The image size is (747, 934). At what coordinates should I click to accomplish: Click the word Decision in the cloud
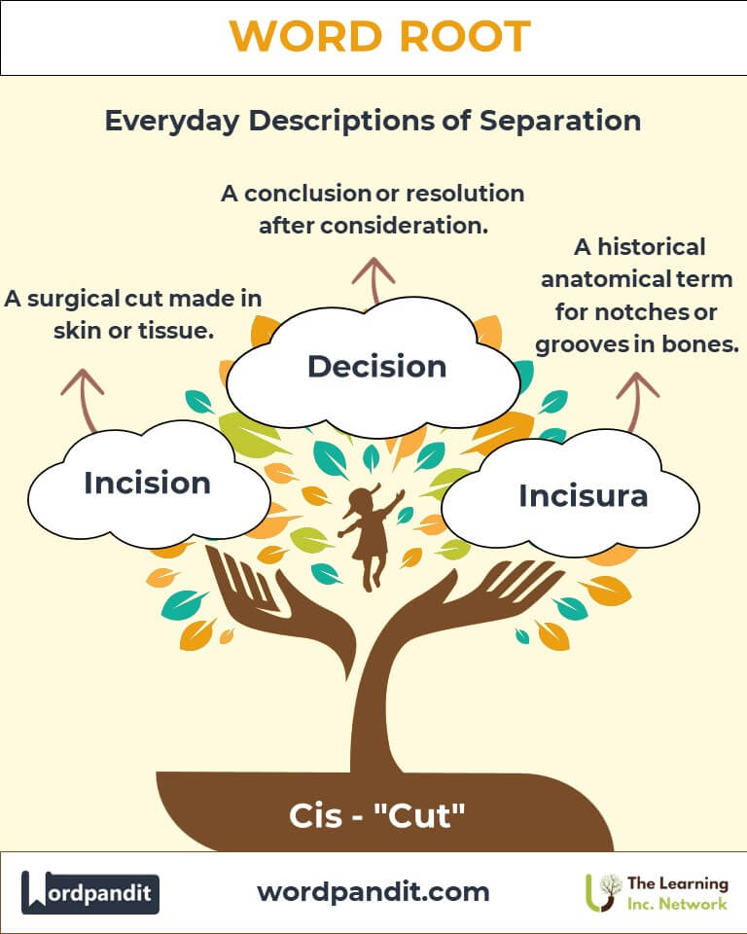(x=376, y=366)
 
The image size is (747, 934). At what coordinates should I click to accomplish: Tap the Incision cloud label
(x=147, y=483)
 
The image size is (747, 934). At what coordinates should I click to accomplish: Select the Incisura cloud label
(x=584, y=495)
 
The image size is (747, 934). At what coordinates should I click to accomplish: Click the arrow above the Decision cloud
(x=373, y=280)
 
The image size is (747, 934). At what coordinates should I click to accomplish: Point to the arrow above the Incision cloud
(x=84, y=400)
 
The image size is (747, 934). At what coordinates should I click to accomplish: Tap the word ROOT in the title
(x=465, y=36)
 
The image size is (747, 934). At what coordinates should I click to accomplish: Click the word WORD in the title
(x=305, y=36)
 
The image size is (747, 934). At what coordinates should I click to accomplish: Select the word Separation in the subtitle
(x=560, y=121)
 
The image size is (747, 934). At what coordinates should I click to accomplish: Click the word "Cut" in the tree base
(x=419, y=815)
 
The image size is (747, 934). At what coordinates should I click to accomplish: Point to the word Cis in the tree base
(x=315, y=815)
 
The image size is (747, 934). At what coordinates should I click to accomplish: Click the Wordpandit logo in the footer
(x=89, y=892)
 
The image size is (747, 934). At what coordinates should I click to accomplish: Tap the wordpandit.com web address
(x=373, y=892)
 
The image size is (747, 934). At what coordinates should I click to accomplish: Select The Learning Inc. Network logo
(x=657, y=893)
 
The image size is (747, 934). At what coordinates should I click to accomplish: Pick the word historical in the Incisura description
(x=651, y=246)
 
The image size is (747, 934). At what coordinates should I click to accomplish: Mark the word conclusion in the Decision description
(x=308, y=194)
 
